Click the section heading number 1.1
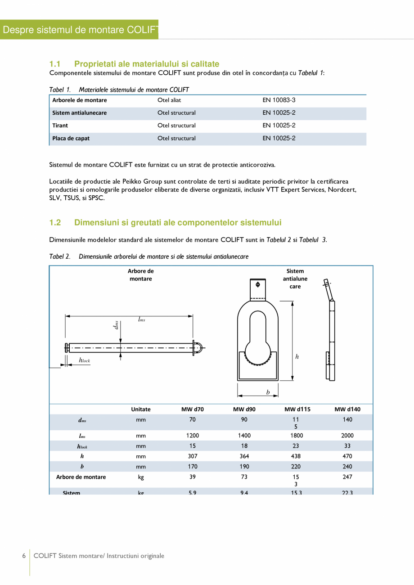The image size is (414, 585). point(55,64)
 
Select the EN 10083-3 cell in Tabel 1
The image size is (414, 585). point(279,100)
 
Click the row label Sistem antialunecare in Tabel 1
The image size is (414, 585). point(80,113)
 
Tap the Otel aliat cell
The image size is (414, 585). point(169,100)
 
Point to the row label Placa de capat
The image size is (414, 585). point(71,139)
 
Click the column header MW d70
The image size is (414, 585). point(193,409)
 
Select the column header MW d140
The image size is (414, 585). point(347,409)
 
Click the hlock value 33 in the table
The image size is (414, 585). point(347,446)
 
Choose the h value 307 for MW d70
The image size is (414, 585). point(193,456)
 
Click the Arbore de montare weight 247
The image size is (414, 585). point(347,477)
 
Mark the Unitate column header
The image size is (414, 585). point(141,409)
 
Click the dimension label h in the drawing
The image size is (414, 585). point(297,356)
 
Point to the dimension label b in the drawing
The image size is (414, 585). point(268,392)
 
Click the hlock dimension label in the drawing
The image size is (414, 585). point(84,360)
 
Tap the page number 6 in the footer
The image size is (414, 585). point(24,556)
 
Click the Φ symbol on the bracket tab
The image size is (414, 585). point(257,284)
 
